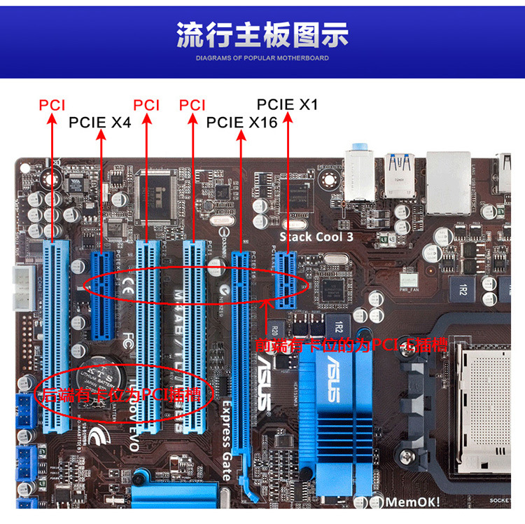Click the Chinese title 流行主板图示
tap(262, 35)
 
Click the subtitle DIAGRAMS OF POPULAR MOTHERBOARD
tap(262, 58)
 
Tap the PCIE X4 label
tap(99, 123)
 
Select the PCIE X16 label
tap(241, 123)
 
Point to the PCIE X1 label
tap(287, 105)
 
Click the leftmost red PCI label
tap(52, 106)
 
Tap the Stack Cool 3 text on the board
tap(316, 237)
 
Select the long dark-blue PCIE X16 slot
tap(241, 350)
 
